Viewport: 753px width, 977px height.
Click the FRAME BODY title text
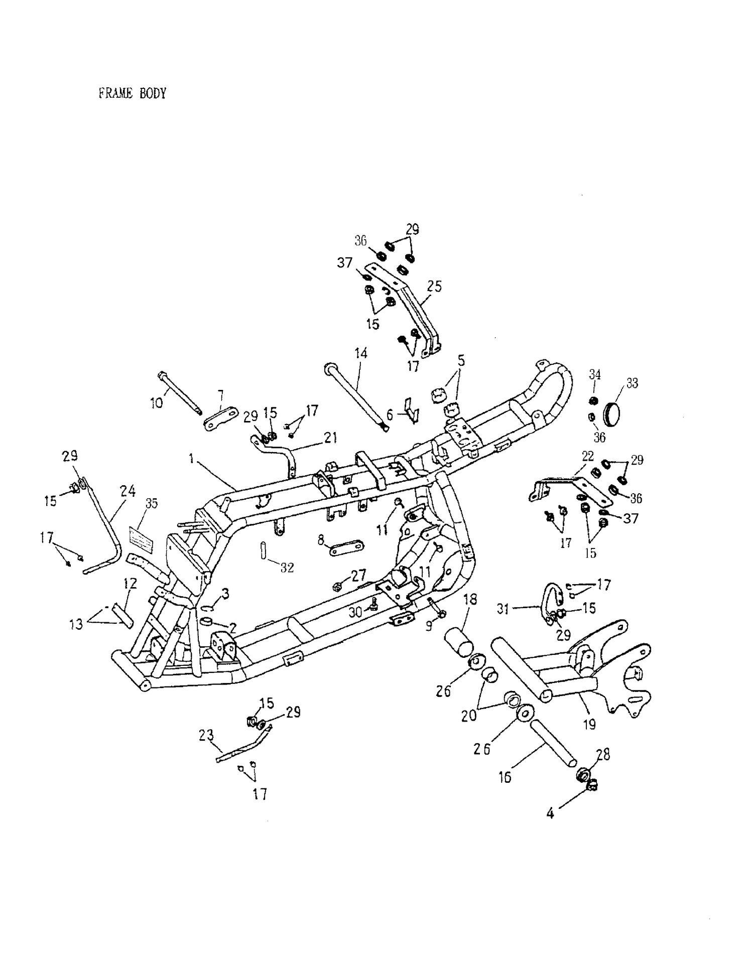click(x=132, y=93)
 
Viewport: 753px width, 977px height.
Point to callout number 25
click(x=434, y=286)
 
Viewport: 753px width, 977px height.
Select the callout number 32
click(x=287, y=568)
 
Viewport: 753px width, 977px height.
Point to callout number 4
click(x=550, y=813)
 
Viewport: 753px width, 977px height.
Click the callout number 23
click(x=206, y=736)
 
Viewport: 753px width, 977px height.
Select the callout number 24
click(x=128, y=491)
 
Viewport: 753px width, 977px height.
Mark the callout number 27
click(x=358, y=575)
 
